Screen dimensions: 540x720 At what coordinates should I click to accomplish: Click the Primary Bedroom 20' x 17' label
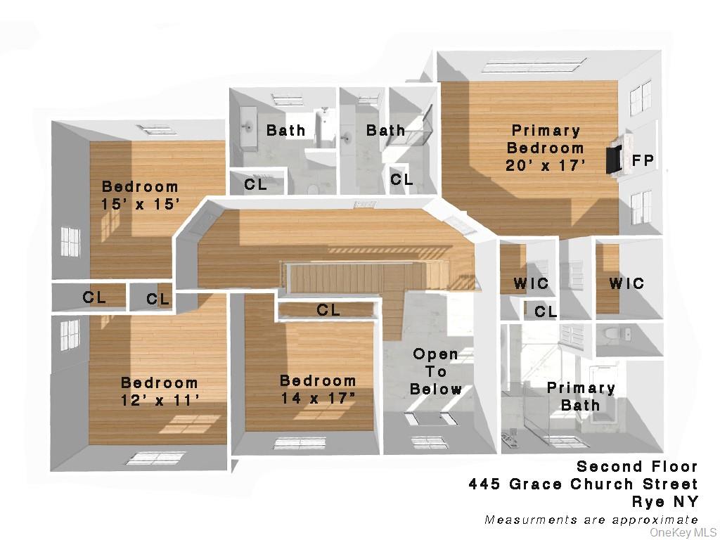[x=546, y=148]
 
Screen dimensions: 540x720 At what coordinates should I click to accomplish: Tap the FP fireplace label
[x=643, y=160]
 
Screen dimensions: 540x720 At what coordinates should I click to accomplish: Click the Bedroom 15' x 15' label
[x=141, y=195]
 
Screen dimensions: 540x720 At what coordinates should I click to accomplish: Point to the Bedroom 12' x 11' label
[x=159, y=392]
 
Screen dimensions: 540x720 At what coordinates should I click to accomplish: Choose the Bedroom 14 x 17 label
[x=318, y=390]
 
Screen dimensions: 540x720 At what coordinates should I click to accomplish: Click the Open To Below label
[x=436, y=372]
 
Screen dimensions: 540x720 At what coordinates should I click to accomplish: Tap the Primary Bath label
[x=581, y=397]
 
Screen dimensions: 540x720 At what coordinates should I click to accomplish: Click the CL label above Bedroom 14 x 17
[x=328, y=310]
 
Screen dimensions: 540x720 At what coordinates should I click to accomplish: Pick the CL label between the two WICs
[x=546, y=311]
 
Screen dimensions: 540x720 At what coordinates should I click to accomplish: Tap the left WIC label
[x=531, y=284]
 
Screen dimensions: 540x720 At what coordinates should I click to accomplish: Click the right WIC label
[x=626, y=283]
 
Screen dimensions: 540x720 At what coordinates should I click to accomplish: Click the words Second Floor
[x=637, y=466]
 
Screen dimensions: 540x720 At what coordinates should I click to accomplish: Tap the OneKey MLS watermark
[x=683, y=532]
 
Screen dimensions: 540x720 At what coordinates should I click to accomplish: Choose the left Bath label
[x=286, y=130]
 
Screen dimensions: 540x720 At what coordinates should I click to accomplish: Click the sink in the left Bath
[x=248, y=127]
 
